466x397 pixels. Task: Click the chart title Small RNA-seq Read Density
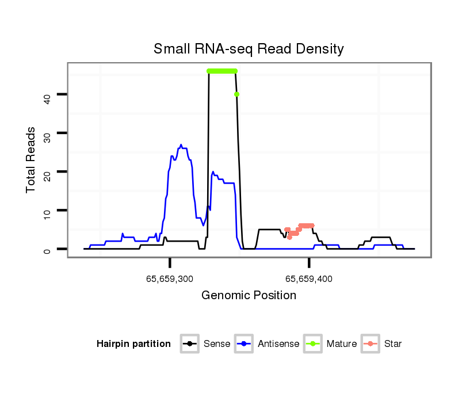[x=249, y=49]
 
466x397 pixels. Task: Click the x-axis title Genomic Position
[x=249, y=296]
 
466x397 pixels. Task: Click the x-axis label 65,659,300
[x=170, y=279]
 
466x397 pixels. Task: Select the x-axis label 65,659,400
[x=309, y=279]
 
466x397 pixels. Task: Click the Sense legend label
[x=217, y=344]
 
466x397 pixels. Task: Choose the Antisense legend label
[x=278, y=344]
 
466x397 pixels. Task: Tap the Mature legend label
[x=341, y=344]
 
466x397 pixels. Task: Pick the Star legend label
[x=392, y=344]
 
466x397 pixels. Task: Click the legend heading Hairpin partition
[x=133, y=344]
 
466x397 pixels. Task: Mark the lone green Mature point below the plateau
[x=236, y=94]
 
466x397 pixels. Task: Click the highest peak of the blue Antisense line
[x=181, y=145]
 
